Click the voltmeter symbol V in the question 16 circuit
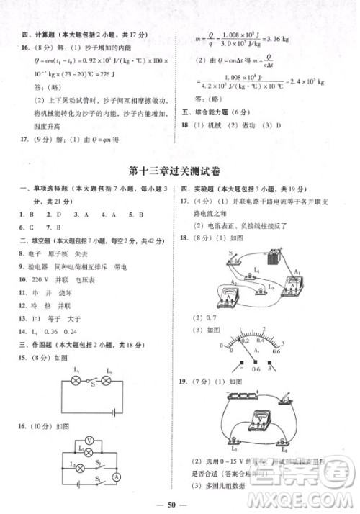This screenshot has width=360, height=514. (x=89, y=439)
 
